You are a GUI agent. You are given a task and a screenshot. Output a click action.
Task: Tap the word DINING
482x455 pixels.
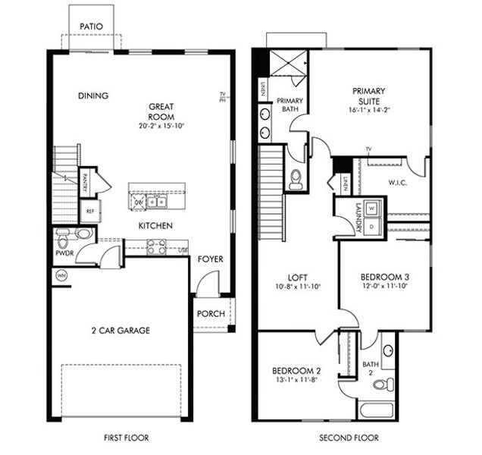(x=93, y=96)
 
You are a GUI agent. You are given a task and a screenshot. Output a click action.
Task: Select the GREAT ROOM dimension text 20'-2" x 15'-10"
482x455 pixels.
(x=161, y=126)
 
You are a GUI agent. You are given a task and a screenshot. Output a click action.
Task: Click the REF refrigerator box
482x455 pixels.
(x=89, y=212)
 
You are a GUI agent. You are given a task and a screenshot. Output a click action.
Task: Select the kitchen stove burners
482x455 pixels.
(x=156, y=246)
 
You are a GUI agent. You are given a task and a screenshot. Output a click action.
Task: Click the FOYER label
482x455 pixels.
(x=210, y=259)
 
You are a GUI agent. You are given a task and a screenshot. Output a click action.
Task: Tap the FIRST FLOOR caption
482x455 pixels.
(x=125, y=438)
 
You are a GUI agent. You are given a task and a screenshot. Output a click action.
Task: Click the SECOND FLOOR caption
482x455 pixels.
(x=349, y=438)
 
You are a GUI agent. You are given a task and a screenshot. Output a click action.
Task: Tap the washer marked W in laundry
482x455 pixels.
(x=373, y=208)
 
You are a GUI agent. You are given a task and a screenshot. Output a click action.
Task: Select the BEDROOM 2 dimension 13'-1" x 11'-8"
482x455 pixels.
(x=297, y=381)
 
